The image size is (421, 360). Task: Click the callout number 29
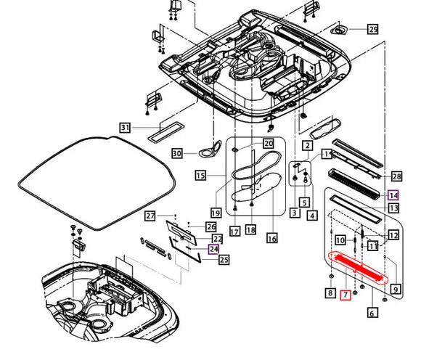coord(373,30)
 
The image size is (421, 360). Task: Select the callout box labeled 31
coord(124,128)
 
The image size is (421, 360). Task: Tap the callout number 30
coord(176,153)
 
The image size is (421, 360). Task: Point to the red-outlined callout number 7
coord(346,294)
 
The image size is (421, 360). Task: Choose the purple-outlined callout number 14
coord(393,195)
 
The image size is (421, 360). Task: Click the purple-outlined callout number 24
coord(213,248)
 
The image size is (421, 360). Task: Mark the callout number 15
coord(200,175)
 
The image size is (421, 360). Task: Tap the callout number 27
coord(150,216)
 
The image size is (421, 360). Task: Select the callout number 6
coord(372,314)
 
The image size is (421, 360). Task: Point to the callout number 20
coord(268,144)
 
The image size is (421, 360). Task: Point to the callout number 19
coord(215,213)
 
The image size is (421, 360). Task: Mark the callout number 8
coord(330,294)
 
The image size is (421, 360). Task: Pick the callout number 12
coord(393,234)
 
